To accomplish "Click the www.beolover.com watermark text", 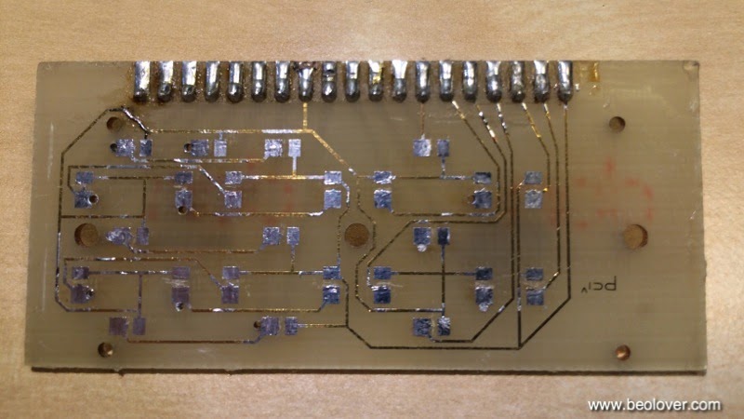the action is [x=655, y=405].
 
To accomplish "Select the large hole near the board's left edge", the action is [x=86, y=233].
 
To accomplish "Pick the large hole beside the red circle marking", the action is [x=636, y=235].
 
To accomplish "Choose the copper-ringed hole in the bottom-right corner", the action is [x=622, y=352].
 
